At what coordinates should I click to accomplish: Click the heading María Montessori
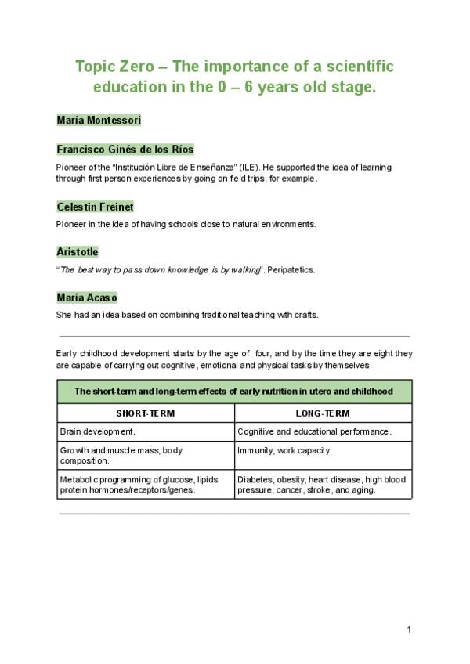(99, 120)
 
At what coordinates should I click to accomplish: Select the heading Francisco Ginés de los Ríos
(125, 149)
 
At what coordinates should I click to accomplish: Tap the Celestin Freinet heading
(95, 207)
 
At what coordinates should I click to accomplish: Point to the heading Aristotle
(78, 251)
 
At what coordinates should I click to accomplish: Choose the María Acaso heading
(87, 298)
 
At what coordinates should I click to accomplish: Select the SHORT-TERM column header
(146, 413)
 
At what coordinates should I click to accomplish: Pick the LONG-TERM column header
(323, 413)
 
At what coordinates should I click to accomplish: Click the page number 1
(409, 630)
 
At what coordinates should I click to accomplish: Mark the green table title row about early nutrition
(234, 392)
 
